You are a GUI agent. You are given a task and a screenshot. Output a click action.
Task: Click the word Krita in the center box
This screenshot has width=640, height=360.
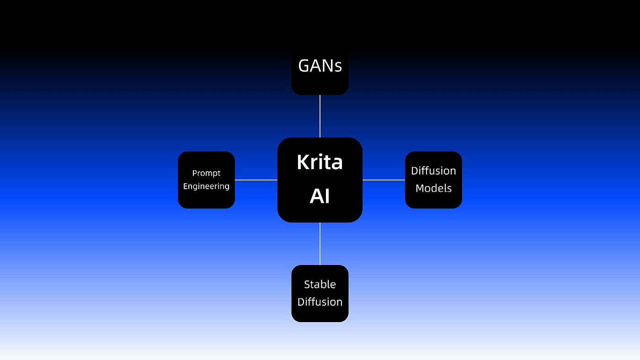point(320,162)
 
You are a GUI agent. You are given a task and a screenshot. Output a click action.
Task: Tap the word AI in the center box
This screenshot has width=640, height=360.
point(320,196)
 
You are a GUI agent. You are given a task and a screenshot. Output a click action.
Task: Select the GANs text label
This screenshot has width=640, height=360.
point(320,66)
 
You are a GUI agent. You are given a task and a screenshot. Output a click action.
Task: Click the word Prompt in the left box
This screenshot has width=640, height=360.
point(206,173)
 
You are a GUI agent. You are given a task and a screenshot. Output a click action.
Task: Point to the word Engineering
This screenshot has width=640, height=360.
point(206,186)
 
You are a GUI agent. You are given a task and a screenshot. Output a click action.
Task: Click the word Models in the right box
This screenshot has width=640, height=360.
point(433,188)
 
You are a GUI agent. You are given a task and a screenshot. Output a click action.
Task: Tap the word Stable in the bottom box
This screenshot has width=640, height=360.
point(320,284)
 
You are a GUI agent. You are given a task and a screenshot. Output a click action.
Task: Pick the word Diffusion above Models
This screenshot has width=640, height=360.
point(433,171)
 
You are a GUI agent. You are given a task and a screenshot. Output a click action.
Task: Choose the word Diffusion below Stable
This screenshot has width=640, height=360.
point(320,302)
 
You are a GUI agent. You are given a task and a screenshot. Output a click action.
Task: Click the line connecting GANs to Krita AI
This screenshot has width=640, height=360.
point(320,116)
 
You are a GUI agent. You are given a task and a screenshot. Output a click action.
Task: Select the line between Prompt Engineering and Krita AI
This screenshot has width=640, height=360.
point(256,180)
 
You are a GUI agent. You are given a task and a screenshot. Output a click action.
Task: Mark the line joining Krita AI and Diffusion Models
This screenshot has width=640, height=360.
point(384,180)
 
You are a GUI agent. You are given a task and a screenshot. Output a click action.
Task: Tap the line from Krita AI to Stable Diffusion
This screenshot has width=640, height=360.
point(320,244)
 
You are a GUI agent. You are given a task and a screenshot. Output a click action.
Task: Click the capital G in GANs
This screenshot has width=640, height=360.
point(304,66)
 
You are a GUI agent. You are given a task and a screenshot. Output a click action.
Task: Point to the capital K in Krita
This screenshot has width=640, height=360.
point(302,162)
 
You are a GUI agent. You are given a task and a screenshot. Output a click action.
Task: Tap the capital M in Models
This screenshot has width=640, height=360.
point(420,188)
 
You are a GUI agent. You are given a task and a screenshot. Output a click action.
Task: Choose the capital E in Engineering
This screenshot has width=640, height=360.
point(186,186)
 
